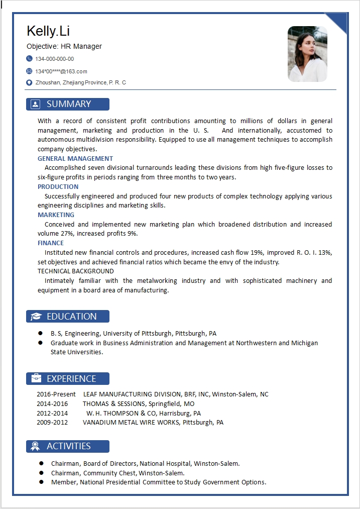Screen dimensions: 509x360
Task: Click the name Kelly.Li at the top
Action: [48, 31]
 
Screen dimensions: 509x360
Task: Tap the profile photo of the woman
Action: [307, 54]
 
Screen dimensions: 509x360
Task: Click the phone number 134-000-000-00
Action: [55, 59]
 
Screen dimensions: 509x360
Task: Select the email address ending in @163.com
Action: [61, 71]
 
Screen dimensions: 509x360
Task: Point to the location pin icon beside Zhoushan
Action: [29, 82]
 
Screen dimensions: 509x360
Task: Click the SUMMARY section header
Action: [68, 104]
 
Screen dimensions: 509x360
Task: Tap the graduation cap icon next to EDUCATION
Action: [36, 317]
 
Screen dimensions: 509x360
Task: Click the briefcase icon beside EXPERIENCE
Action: [36, 378]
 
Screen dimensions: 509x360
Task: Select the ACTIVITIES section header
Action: [68, 446]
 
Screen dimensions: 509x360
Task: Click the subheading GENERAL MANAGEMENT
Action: [75, 159]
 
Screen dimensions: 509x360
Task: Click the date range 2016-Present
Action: [56, 394]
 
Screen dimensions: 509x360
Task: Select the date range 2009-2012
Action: [52, 423]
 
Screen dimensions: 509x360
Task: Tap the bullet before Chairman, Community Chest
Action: [41, 473]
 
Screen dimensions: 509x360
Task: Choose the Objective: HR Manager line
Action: [64, 46]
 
